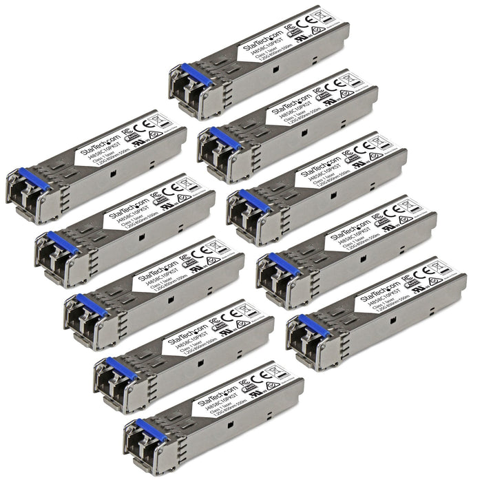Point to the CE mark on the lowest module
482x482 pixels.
(x=278, y=376)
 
